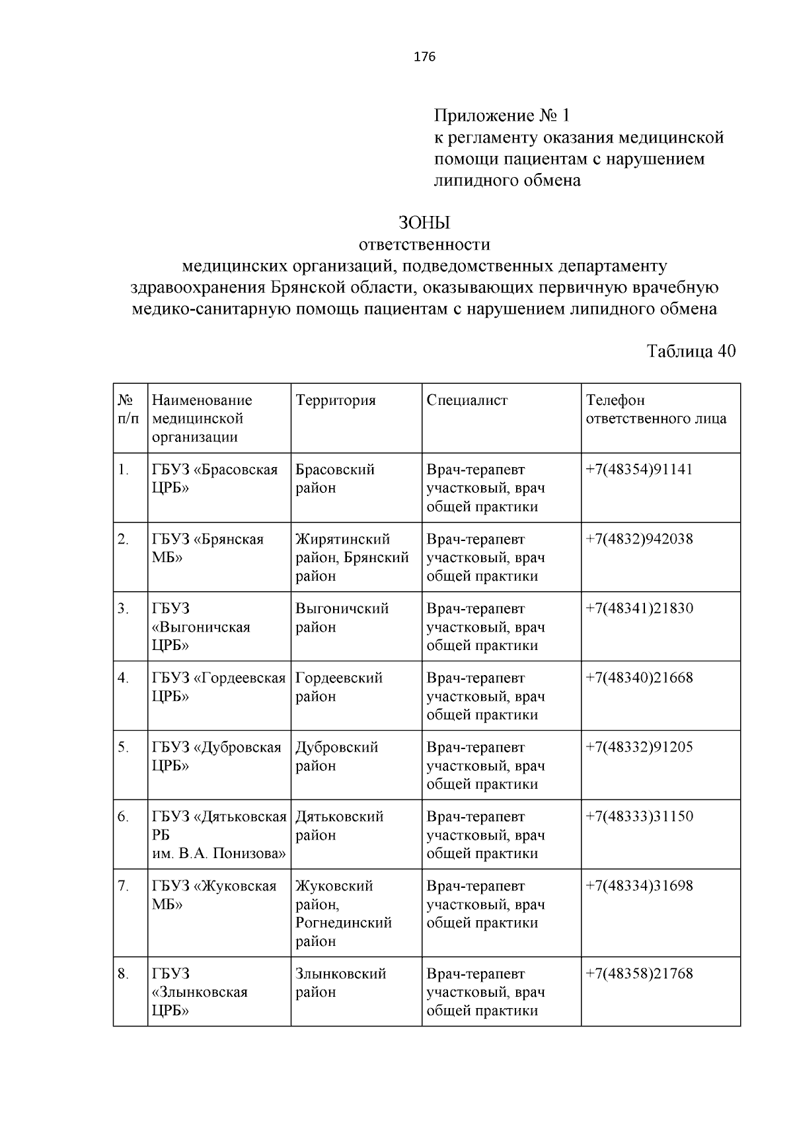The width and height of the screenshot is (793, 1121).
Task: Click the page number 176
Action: [x=424, y=57]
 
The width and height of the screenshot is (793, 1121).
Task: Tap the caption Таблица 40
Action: [x=691, y=351]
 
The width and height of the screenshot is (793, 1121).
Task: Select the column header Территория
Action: [x=335, y=400]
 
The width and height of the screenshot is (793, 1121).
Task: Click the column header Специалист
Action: [x=467, y=400]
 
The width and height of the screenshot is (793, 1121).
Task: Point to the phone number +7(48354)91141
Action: [x=639, y=470]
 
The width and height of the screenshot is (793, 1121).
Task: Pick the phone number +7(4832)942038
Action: [x=639, y=539]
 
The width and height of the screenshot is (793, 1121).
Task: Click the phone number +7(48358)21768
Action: [x=639, y=974]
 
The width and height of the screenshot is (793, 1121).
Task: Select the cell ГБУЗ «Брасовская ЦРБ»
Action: [x=214, y=479]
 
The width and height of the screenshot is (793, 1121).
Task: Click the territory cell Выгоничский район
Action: [x=342, y=618]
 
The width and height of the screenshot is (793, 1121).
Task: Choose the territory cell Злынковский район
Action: [x=340, y=983]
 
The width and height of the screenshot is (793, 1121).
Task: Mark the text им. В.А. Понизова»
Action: [x=219, y=853]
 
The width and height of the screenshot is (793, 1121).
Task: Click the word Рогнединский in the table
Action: [x=344, y=923]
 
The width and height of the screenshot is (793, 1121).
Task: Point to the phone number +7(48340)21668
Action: [x=639, y=678]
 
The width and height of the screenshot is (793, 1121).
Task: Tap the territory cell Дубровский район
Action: [x=336, y=756]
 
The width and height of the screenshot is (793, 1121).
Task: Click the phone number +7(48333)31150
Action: [x=639, y=816]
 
